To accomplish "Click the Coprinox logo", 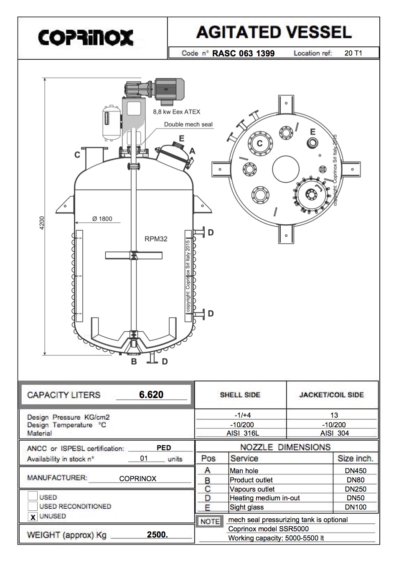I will (x=86, y=38).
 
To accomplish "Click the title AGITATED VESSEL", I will (x=274, y=32).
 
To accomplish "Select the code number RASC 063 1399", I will (x=243, y=53).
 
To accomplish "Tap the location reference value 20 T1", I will (x=353, y=53).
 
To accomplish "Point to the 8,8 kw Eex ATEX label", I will (x=176, y=112).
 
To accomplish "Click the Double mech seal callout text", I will (x=188, y=124).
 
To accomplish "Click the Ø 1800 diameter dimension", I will (x=102, y=219).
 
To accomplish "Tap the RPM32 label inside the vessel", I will (x=156, y=239).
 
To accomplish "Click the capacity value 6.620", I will (x=151, y=395).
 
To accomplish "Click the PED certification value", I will (x=164, y=448).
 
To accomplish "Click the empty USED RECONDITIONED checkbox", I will (x=33, y=506).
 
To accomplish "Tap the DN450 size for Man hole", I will (x=356, y=471).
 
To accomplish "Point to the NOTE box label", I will (x=210, y=522).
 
